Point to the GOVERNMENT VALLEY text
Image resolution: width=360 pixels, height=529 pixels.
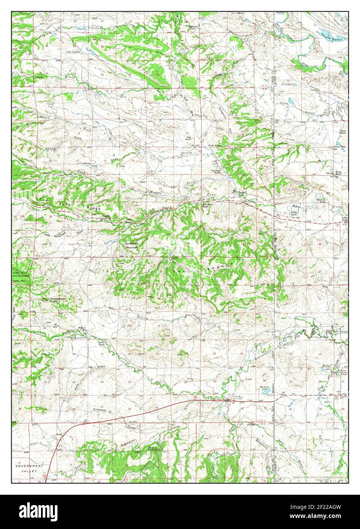click(x=30, y=468)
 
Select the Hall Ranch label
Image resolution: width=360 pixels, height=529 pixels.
click(x=189, y=138)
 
